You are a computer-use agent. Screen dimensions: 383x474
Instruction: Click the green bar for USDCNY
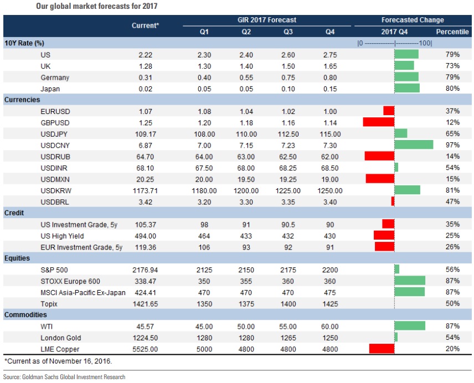click(x=414, y=144)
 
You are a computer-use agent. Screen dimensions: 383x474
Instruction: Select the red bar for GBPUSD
click(x=378, y=121)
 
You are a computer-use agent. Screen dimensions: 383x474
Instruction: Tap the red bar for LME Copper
click(x=382, y=348)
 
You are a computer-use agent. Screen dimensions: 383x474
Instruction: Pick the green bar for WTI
click(x=410, y=325)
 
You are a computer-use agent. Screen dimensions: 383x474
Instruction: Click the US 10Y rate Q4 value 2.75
click(x=330, y=54)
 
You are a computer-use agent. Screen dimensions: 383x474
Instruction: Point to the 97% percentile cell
click(x=452, y=144)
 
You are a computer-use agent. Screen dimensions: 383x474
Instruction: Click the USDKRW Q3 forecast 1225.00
click(x=288, y=190)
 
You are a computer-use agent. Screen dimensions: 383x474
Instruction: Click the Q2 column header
click(x=246, y=32)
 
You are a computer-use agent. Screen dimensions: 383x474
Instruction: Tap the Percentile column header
click(x=452, y=32)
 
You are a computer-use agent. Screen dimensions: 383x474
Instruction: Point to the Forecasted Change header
click(x=413, y=20)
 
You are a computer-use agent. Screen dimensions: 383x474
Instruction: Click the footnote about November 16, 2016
click(x=58, y=361)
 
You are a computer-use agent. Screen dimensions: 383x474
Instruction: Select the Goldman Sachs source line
click(x=64, y=377)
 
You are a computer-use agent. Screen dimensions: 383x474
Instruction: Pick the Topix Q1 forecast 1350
click(x=204, y=303)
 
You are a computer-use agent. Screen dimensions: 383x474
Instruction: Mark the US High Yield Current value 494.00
click(x=146, y=235)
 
